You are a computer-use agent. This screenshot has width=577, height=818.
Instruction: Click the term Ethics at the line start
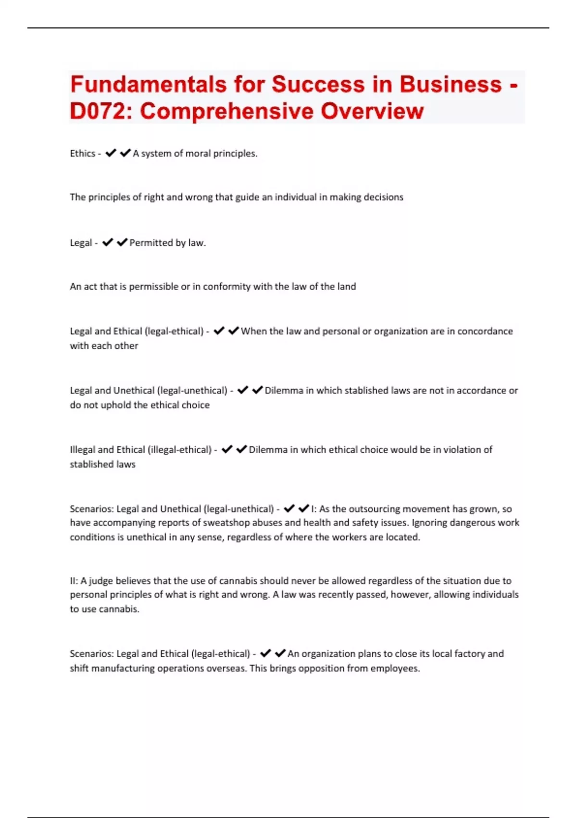coord(82,153)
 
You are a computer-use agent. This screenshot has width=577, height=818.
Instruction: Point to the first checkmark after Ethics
coord(111,153)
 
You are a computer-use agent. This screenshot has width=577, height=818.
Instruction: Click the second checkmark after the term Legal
coord(122,243)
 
